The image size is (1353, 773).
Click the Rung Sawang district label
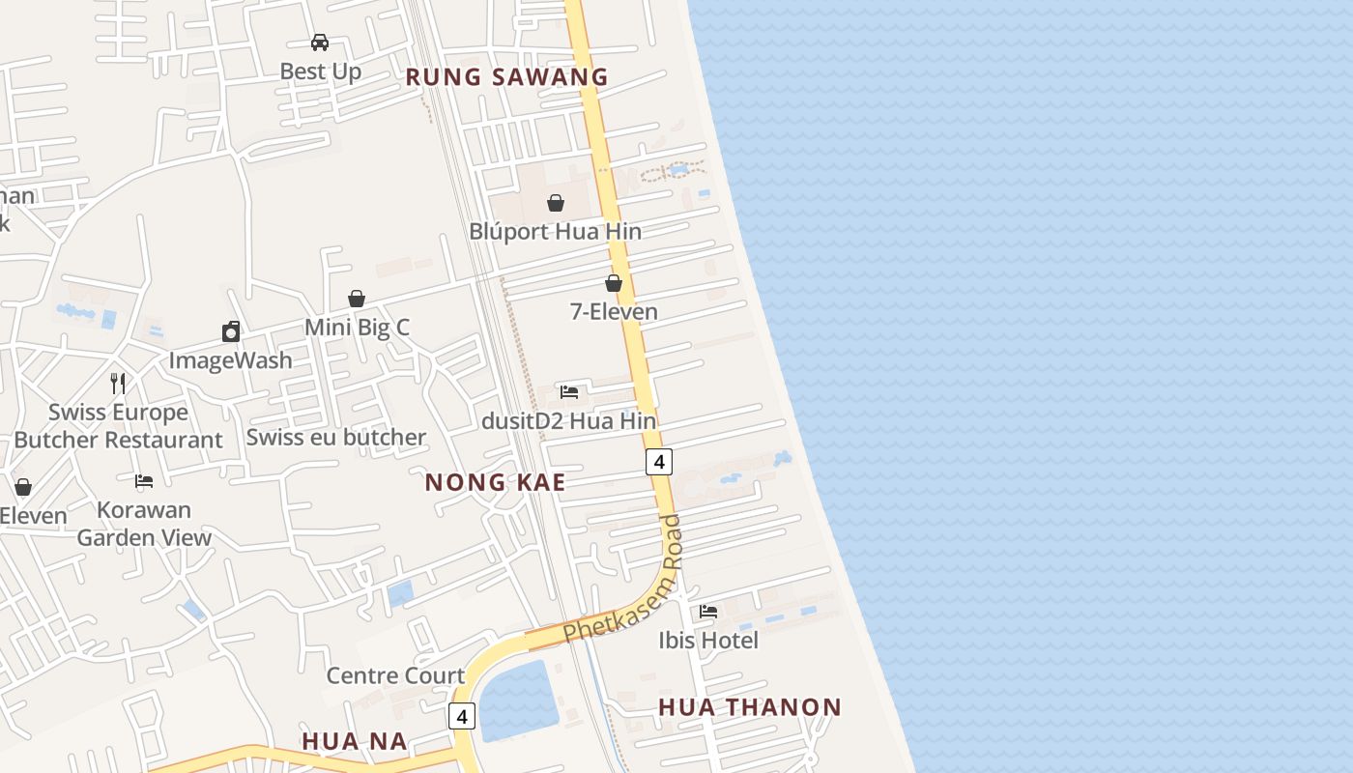[506, 77]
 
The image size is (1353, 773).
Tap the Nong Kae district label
[495, 482]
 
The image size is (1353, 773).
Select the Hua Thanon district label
[750, 707]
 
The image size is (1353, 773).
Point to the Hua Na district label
[354, 741]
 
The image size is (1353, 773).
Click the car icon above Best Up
[320, 43]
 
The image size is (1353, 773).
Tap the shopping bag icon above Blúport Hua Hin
[556, 203]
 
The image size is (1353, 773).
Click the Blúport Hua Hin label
[555, 232]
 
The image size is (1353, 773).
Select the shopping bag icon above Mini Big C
[357, 299]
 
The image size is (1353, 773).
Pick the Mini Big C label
[357, 328]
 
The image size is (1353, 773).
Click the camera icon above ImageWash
[231, 332]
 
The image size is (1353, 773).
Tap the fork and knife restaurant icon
[118, 383]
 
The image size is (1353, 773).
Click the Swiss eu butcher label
[335, 437]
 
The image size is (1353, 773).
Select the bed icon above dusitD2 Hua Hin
[569, 392]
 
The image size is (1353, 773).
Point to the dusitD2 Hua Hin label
[568, 421]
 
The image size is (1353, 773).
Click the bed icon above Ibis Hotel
[708, 612]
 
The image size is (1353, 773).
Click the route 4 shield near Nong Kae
[658, 462]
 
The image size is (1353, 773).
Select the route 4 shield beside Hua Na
[462, 716]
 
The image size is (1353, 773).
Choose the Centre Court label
[395, 675]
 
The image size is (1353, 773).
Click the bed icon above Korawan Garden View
[144, 481]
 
